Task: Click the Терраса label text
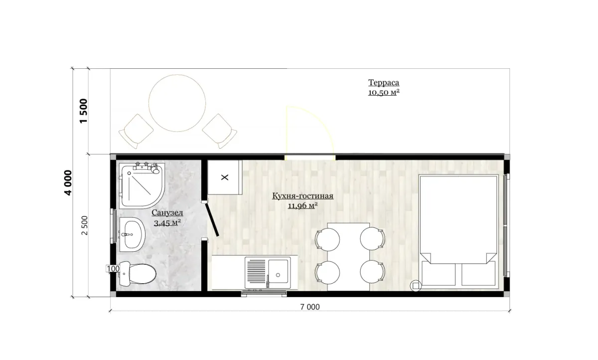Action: (384, 83)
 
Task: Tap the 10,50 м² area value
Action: (384, 92)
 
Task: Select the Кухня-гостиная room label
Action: (303, 196)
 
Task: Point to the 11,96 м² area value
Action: (303, 205)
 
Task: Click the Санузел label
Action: (167, 212)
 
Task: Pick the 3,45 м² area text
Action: (167, 222)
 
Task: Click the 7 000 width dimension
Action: (309, 307)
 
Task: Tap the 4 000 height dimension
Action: (68, 182)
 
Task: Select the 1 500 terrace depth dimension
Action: (84, 111)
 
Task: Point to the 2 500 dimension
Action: (84, 225)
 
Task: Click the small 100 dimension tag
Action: (113, 269)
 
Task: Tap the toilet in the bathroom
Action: (138, 273)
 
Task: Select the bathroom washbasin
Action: (132, 234)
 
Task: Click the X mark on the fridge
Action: (225, 178)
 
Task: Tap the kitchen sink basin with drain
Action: (278, 271)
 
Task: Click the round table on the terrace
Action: (177, 103)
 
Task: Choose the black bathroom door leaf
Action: (212, 219)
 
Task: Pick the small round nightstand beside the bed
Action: (416, 286)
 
